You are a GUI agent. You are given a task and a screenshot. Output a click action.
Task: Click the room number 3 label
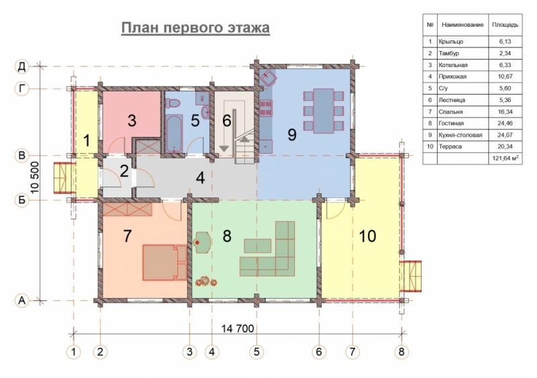click(132, 121)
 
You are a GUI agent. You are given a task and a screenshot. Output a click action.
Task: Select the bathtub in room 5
click(174, 134)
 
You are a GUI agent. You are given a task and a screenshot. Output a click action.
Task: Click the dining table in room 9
click(324, 111)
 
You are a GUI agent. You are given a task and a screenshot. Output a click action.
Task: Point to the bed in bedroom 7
click(164, 263)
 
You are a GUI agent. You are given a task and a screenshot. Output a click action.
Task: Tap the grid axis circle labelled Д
click(22, 66)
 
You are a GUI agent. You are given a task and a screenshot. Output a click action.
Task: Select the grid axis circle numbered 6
click(319, 352)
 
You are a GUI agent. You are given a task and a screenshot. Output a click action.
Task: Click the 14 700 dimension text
click(238, 328)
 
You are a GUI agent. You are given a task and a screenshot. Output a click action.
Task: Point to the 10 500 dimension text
click(35, 177)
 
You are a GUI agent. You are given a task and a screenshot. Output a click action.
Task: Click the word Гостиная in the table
click(451, 124)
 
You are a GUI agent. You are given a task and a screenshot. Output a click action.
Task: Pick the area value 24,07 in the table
click(505, 135)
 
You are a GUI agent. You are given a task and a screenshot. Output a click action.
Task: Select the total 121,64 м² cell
click(505, 158)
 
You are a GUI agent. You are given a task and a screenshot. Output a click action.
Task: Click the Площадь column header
click(505, 25)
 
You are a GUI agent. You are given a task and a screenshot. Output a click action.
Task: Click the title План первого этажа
click(195, 28)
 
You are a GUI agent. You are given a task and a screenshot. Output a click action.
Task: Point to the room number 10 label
click(367, 236)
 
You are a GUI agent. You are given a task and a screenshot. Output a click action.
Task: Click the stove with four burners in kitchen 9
click(266, 107)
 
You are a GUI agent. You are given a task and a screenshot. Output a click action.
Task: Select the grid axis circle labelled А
click(22, 301)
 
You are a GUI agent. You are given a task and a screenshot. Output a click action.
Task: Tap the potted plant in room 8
click(206, 281)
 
